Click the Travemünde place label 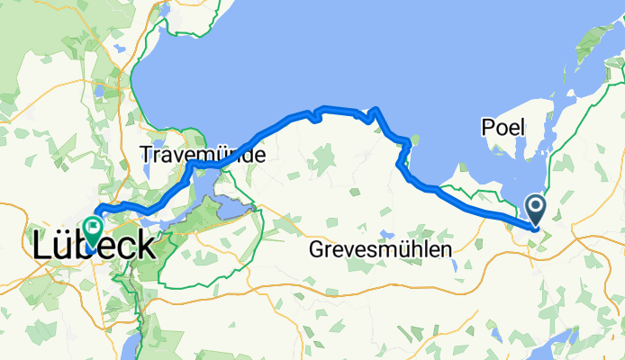click(203, 155)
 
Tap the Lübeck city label click(95, 245)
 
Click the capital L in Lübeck click(44, 246)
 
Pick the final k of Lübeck click(144, 245)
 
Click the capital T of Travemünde click(146, 155)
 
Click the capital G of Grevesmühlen click(315, 248)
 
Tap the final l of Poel click(521, 128)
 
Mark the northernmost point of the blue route click(376, 109)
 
